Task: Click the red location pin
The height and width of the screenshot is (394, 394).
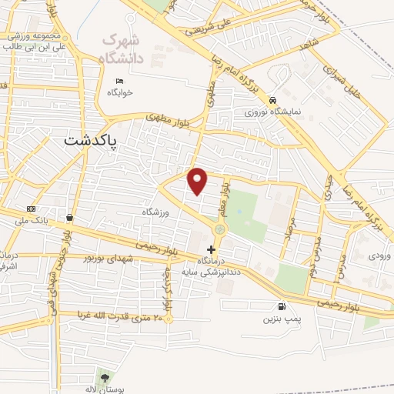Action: pyautogui.click(x=198, y=181)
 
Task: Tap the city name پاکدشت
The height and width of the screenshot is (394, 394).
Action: pyautogui.click(x=92, y=141)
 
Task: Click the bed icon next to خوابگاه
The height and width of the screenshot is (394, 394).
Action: pyautogui.click(x=119, y=82)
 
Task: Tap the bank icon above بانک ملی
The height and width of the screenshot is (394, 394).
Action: pyautogui.click(x=31, y=209)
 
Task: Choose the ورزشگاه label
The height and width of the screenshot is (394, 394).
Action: pyautogui.click(x=154, y=210)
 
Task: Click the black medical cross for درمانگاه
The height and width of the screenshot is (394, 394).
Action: pyautogui.click(x=212, y=249)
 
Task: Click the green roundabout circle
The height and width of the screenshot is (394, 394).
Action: pyautogui.click(x=220, y=228)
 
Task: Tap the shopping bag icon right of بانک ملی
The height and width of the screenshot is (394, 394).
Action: pyautogui.click(x=70, y=217)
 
